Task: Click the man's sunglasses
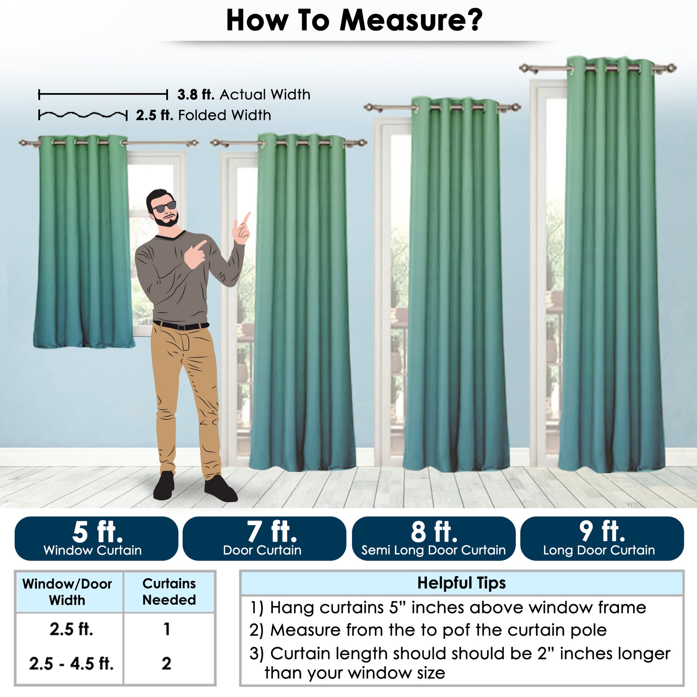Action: [x=164, y=207]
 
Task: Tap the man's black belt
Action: [x=181, y=326]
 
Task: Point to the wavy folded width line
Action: [x=83, y=115]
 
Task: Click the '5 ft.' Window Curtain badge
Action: [x=96, y=538]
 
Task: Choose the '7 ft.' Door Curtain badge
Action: [x=264, y=538]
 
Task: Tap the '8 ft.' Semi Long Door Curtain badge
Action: [x=434, y=538]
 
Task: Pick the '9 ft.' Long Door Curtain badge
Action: [x=602, y=538]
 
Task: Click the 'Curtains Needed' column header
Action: [x=169, y=592]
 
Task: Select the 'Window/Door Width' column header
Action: [x=67, y=592]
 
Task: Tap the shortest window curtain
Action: [x=84, y=241]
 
